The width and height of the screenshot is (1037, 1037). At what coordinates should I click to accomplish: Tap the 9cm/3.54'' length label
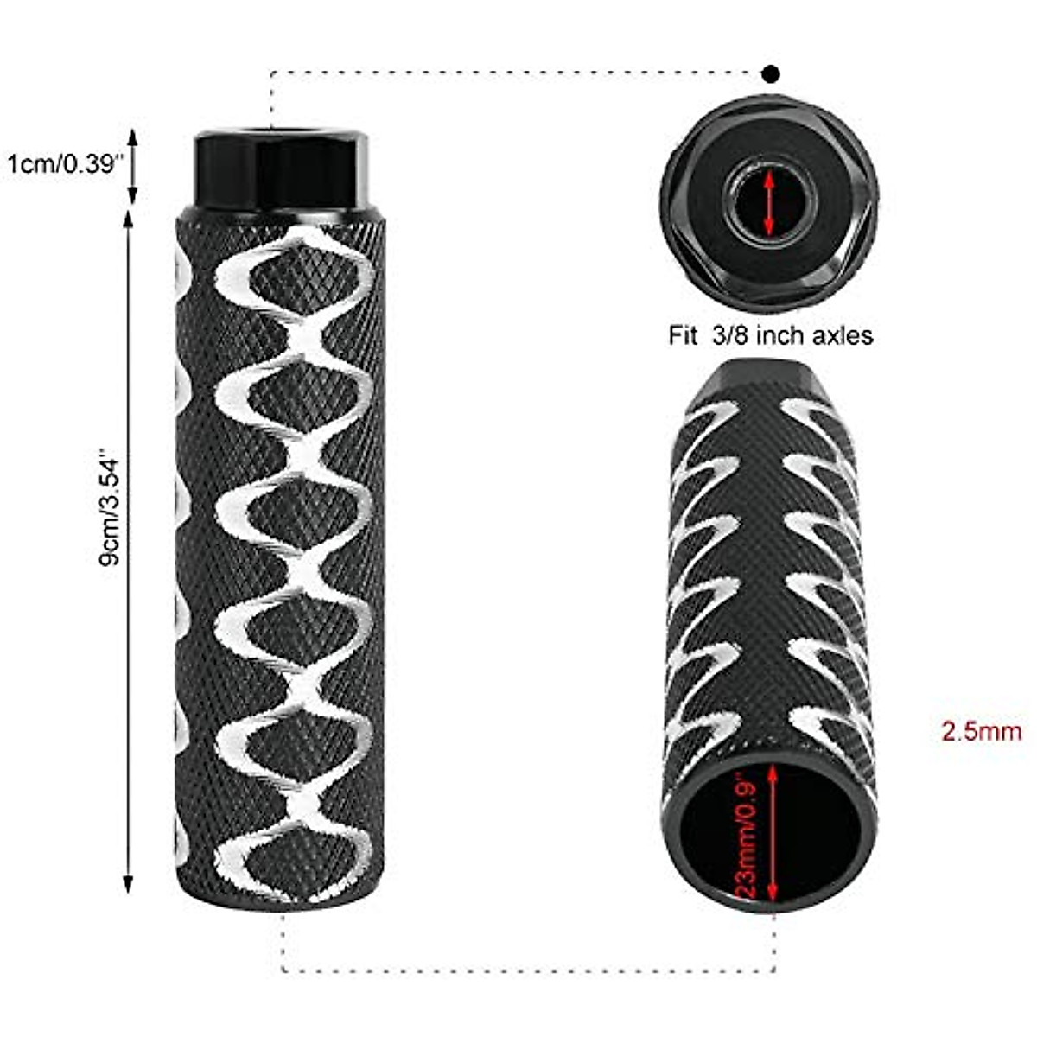(110, 506)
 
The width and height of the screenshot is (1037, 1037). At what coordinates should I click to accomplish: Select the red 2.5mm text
(981, 732)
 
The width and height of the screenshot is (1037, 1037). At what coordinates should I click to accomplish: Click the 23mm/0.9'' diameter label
(748, 836)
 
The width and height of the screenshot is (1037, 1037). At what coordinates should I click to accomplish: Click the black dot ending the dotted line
(771, 73)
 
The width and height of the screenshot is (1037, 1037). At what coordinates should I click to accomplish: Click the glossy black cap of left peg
(282, 169)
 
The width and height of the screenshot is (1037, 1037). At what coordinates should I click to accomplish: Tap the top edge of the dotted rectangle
(518, 73)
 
